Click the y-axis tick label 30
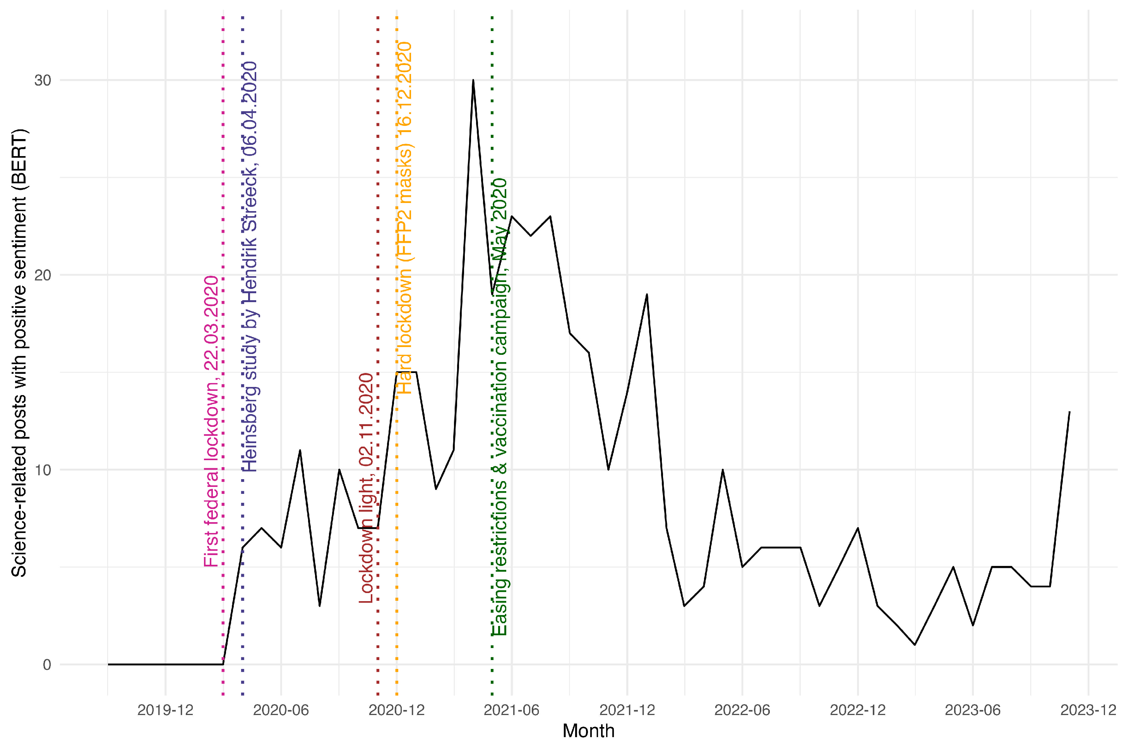click(x=43, y=80)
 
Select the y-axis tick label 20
click(x=43, y=275)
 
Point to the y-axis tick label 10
click(x=43, y=470)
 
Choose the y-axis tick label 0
click(x=47, y=665)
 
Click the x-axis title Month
click(x=588, y=731)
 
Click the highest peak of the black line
click(x=473, y=80)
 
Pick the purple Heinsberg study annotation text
click(x=250, y=266)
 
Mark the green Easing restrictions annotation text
click(x=500, y=407)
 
